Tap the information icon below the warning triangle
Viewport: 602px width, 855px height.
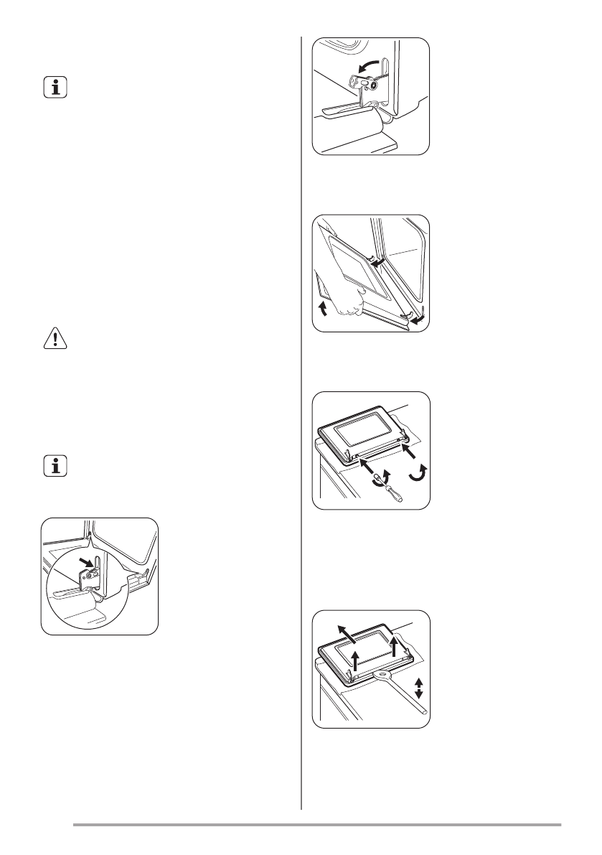(54, 467)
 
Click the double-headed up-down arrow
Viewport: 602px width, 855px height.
(420, 691)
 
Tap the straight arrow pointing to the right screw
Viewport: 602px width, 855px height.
(410, 451)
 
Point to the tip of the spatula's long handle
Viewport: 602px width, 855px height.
(426, 710)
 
